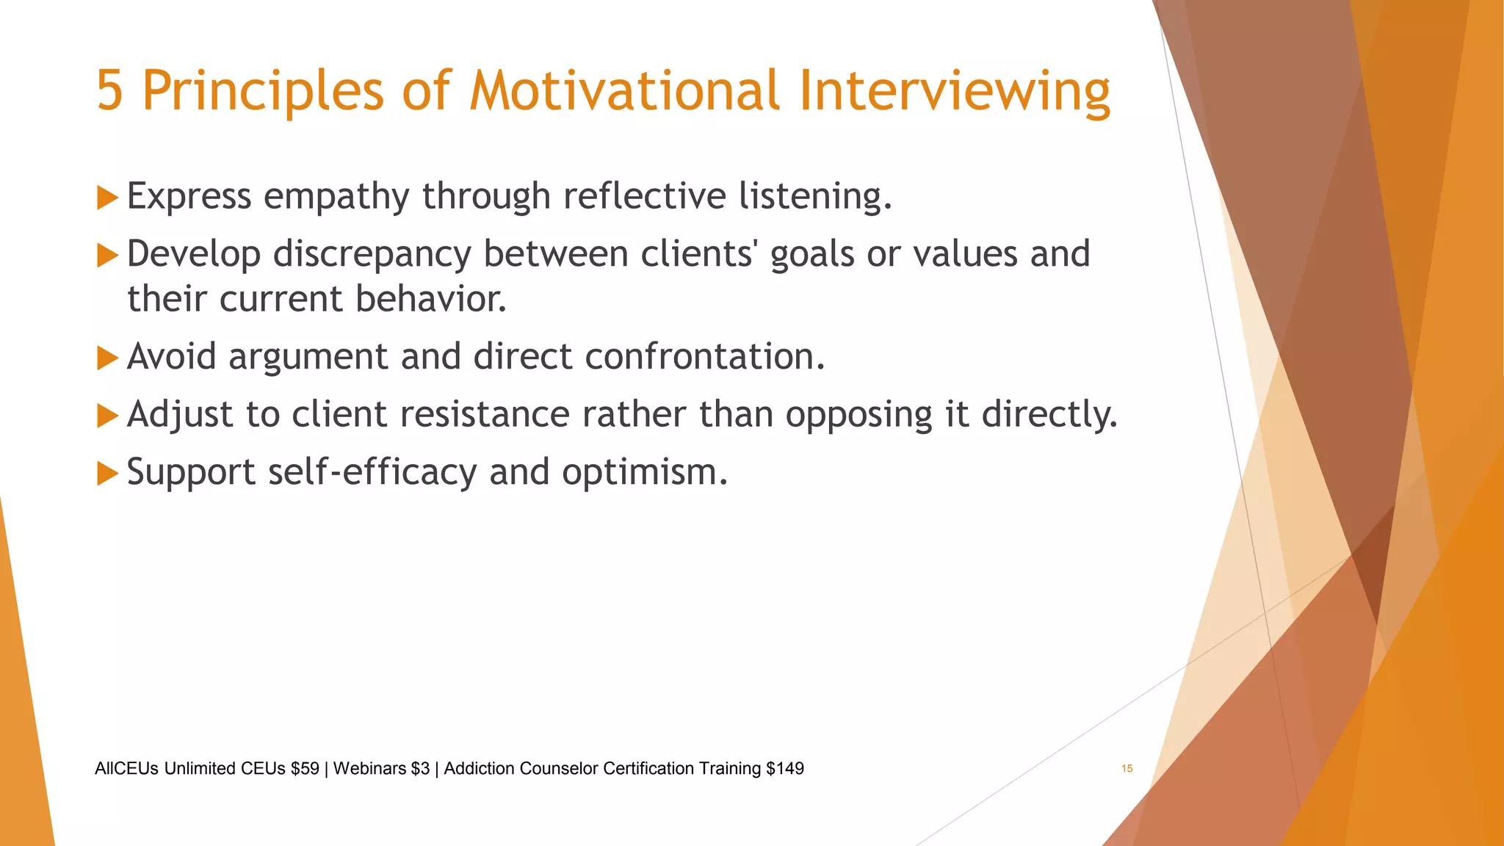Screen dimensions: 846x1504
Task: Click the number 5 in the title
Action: pos(109,91)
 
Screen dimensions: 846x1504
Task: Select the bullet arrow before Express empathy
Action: pos(107,198)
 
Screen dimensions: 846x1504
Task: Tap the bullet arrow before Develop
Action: pos(107,256)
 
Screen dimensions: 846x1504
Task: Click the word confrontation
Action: pos(704,357)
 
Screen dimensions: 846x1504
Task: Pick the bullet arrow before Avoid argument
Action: pos(107,358)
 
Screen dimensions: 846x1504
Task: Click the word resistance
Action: pos(485,414)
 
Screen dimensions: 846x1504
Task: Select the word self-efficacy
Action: pos(372,472)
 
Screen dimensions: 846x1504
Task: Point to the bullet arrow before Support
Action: pos(107,473)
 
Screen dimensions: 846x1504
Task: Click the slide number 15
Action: pos(1127,768)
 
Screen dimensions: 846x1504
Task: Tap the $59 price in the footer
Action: pos(305,768)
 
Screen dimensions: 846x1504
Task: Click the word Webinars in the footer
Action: pos(369,768)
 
